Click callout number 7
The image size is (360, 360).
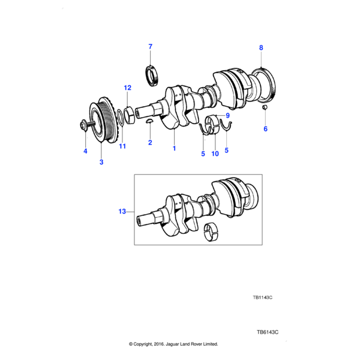click(x=151, y=46)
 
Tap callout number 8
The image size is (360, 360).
click(x=261, y=47)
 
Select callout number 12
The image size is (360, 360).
click(x=127, y=88)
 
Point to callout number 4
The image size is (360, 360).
click(x=85, y=151)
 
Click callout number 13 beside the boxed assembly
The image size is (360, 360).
click(x=122, y=211)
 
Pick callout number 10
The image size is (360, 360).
click(x=215, y=154)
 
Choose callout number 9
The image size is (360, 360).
click(x=228, y=115)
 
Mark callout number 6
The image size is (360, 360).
click(x=266, y=128)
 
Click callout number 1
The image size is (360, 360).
click(x=175, y=148)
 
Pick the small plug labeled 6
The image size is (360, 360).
click(x=265, y=108)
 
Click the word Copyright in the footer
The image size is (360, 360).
click(x=148, y=344)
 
